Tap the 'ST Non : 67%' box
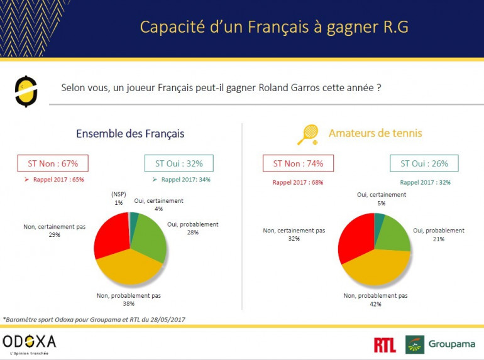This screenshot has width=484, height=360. coord(53,163)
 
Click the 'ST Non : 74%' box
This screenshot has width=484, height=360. coord(298,163)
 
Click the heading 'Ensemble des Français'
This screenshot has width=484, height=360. coord(130,134)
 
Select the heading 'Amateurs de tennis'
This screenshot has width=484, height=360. coord(375,133)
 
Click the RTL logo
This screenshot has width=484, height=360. coord(385,344)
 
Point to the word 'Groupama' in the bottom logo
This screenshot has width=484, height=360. coord(452,344)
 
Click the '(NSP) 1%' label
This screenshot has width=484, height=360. coord(119,198)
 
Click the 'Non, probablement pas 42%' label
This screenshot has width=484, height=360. coord(375,299)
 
